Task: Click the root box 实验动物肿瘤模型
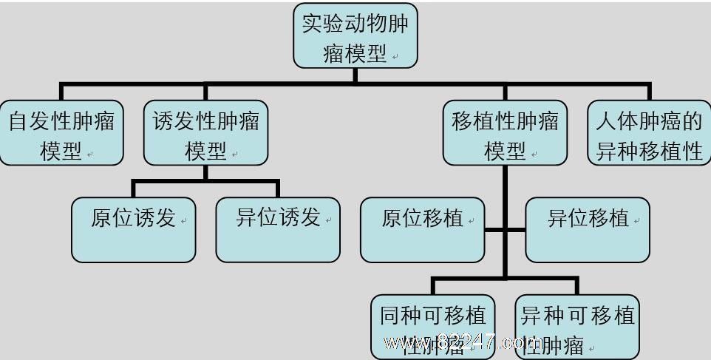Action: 355,35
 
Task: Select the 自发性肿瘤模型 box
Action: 61,133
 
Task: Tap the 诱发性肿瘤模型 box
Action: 205,133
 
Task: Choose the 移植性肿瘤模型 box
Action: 505,133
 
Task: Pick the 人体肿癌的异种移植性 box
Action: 649,133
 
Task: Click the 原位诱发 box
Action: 133,229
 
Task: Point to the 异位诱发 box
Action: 278,229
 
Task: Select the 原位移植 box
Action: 422,229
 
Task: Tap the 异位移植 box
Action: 588,229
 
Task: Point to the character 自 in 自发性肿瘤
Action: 18,121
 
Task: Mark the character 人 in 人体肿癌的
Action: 606,121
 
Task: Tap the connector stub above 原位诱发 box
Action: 133,189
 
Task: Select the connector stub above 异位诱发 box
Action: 278,189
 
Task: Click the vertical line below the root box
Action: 355,75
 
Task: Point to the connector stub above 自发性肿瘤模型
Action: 61,92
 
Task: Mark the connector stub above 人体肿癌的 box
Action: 649,92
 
